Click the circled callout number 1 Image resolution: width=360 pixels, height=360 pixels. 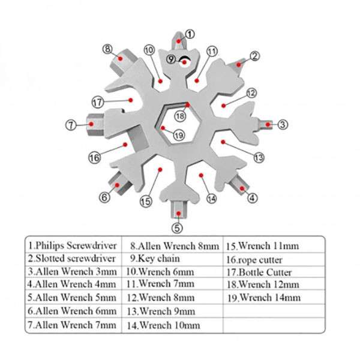coord(190,34)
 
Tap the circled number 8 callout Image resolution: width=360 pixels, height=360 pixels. coord(107,49)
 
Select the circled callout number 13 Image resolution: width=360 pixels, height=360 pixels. coord(259,157)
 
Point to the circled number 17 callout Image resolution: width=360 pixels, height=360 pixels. coord(98,102)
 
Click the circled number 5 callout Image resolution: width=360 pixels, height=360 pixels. coord(177,228)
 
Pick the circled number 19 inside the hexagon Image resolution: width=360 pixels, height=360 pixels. coord(179,135)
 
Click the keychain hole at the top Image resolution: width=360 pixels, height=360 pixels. coord(185,62)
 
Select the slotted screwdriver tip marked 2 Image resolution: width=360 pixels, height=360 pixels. coord(238,65)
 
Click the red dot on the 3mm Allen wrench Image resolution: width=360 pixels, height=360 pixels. coord(268,124)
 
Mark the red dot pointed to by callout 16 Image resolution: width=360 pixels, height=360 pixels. coord(125,145)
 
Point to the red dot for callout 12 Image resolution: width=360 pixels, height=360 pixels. coord(224,106)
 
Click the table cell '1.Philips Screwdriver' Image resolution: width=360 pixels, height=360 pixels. coord(73,245)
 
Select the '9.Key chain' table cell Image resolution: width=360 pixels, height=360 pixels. coord(155,259)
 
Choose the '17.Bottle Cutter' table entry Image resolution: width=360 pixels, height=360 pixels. coord(259,272)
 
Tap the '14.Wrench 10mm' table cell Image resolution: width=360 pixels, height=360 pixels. coord(163,325)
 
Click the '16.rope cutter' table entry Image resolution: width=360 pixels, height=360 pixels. coord(254,260)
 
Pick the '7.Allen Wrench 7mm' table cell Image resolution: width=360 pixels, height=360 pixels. coord(72,325)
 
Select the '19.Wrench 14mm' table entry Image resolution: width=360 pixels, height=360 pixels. coord(264,298)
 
